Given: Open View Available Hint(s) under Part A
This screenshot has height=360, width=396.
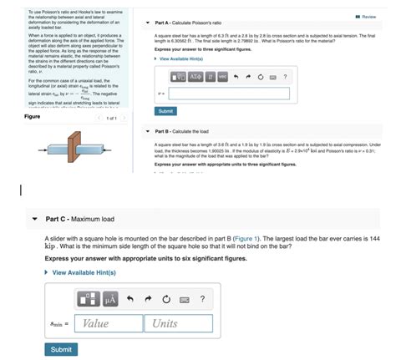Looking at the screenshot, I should (181, 58).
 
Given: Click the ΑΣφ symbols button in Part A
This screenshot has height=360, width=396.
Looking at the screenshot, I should (195, 77).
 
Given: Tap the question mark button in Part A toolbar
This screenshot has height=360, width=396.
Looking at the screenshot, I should (285, 77).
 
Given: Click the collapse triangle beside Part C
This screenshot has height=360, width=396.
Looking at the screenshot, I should (34, 219).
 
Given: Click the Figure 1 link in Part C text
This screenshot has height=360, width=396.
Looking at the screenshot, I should (244, 238).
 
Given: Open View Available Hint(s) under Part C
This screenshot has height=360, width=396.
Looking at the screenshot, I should (84, 272).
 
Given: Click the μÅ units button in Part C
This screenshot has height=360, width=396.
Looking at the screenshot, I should (109, 298).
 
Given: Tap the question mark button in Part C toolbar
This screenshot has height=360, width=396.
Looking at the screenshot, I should (202, 298).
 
